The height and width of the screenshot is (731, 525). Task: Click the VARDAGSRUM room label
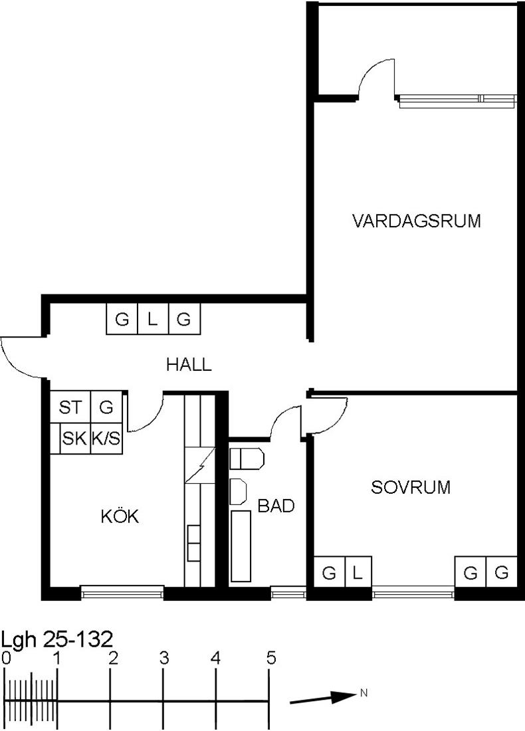click(x=417, y=221)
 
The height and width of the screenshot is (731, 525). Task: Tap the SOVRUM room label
click(x=411, y=487)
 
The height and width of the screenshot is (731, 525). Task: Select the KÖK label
click(x=120, y=516)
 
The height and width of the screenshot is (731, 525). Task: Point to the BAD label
click(x=276, y=506)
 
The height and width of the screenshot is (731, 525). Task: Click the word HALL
click(x=189, y=365)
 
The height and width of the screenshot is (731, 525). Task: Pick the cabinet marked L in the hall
click(x=153, y=319)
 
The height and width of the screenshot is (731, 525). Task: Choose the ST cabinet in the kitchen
click(x=70, y=407)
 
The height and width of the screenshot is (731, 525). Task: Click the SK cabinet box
click(x=74, y=438)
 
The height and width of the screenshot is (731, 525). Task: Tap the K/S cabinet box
click(x=106, y=438)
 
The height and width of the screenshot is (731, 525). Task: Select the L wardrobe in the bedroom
click(x=358, y=572)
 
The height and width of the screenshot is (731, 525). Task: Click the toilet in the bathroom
click(x=247, y=459)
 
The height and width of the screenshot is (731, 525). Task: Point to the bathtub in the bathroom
click(x=241, y=546)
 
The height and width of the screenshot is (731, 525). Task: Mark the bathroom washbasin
click(x=239, y=491)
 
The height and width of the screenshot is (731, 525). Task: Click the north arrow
click(x=323, y=698)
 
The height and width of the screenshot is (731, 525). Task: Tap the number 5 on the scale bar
click(x=271, y=659)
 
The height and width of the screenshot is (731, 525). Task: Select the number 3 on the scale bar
click(x=163, y=659)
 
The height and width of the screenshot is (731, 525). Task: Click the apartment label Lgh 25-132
click(x=57, y=639)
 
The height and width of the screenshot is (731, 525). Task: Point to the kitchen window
click(x=123, y=592)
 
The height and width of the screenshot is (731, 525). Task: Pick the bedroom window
click(x=413, y=593)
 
